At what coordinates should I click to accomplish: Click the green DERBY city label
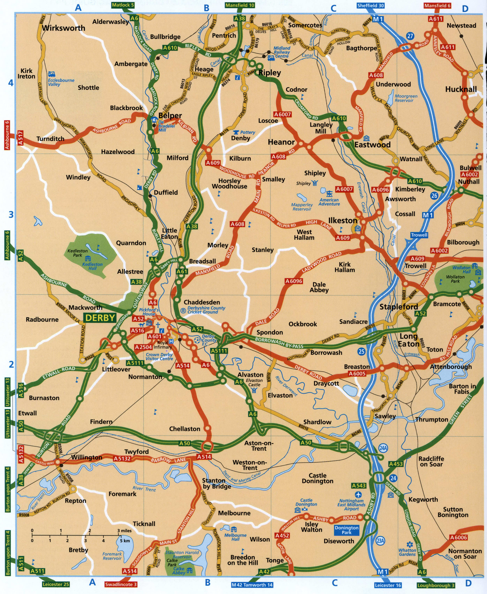pos(100,318)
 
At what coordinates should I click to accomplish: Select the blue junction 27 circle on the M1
pos(410,36)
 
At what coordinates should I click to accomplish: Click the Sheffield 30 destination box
pos(370,6)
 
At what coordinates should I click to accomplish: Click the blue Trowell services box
pos(419,235)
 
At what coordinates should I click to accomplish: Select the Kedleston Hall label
pos(92,266)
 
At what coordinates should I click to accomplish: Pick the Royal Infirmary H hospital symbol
pos(171,341)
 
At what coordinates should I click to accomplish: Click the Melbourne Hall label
pos(235,537)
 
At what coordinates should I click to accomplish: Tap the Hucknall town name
pos(461,89)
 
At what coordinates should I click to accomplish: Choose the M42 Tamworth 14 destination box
pos(252,585)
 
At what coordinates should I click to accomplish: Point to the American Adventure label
pos(329,202)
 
